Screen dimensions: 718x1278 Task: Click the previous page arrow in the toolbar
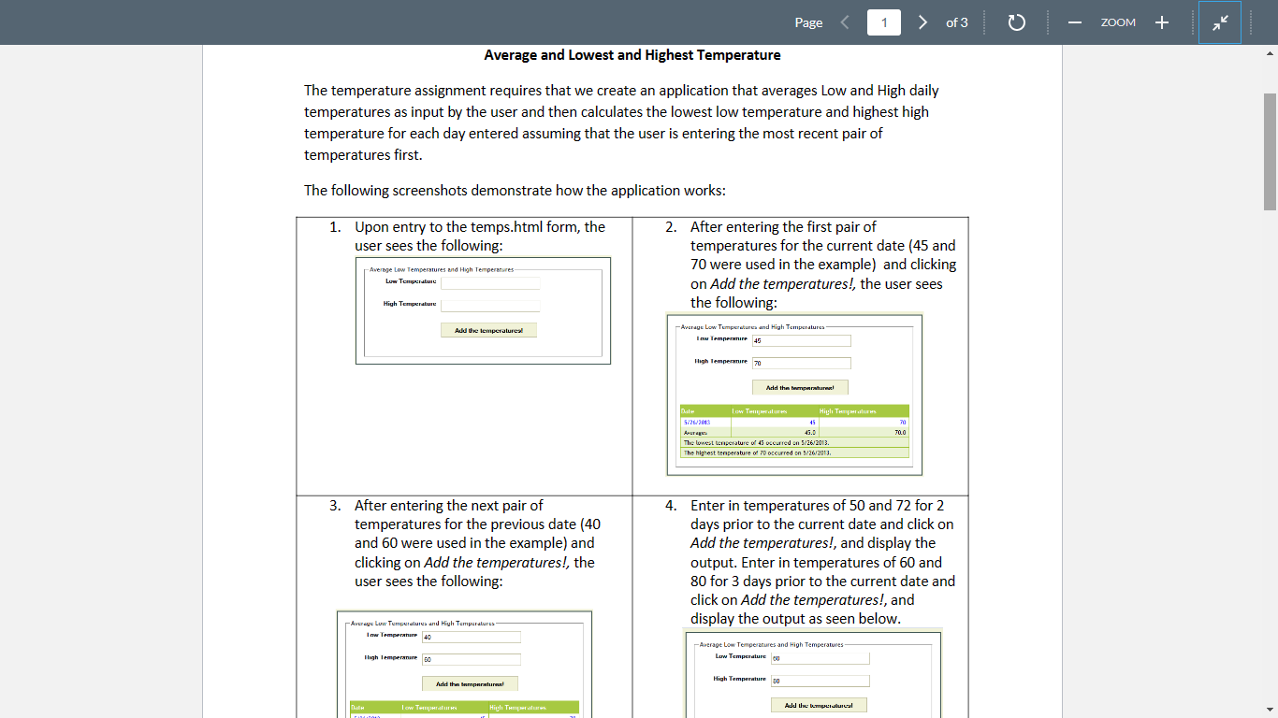[844, 22]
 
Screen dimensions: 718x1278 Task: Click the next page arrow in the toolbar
[922, 22]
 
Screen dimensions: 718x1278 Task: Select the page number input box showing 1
[884, 22]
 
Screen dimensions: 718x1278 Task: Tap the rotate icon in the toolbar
[1017, 22]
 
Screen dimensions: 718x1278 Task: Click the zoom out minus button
[1074, 22]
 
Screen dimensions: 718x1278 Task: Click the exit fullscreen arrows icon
[1219, 22]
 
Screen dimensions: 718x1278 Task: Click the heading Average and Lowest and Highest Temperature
[632, 55]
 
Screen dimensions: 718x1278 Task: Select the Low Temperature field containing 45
[801, 341]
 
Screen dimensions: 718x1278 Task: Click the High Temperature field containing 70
[801, 364]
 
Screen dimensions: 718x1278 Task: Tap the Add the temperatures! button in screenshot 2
[800, 387]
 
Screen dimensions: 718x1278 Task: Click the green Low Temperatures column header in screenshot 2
[759, 411]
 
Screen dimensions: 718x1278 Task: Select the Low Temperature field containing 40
[471, 638]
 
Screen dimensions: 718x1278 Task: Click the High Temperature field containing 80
[820, 682]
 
